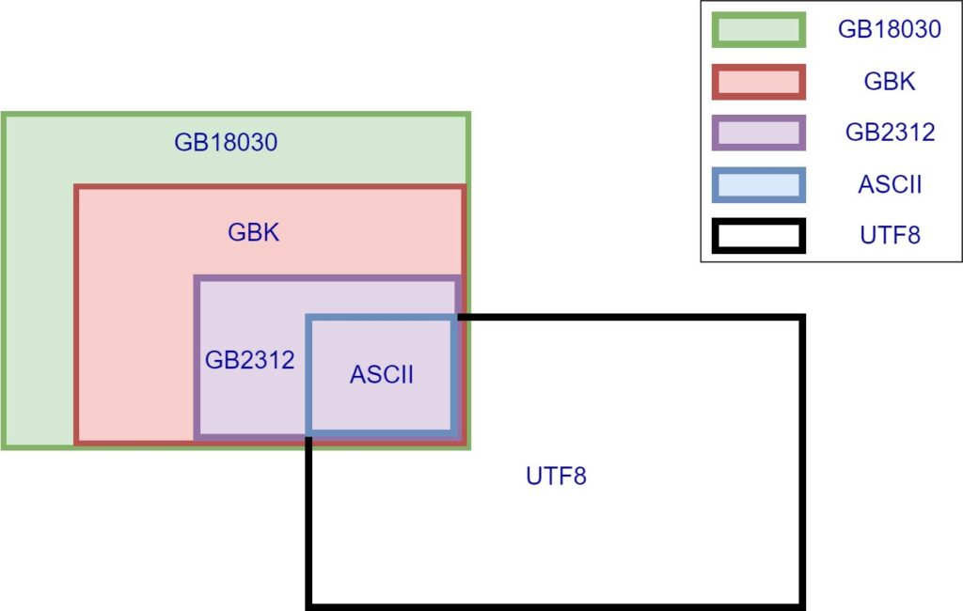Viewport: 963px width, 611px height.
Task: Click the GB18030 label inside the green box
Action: click(x=226, y=143)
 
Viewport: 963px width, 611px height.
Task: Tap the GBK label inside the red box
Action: click(x=254, y=233)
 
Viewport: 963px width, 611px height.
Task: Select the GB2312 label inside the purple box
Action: click(x=250, y=360)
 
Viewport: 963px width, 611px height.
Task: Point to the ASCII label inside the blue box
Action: click(x=382, y=374)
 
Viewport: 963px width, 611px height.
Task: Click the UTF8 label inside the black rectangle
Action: click(x=557, y=477)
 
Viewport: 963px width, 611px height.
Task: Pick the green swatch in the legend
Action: click(x=759, y=29)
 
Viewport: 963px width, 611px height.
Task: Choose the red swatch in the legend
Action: click(x=759, y=82)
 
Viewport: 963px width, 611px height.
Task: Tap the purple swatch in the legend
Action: click(x=759, y=133)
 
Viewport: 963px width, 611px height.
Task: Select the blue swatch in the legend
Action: click(x=759, y=185)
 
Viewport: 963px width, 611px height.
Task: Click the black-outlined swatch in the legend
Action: click(x=759, y=236)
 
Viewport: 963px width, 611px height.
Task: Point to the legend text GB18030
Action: click(x=890, y=29)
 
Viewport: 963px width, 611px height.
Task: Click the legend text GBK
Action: click(x=890, y=81)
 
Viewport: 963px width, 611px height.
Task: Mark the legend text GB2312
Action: click(x=890, y=133)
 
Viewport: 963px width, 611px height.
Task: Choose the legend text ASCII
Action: click(x=890, y=184)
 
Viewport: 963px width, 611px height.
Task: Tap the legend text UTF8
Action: click(x=890, y=235)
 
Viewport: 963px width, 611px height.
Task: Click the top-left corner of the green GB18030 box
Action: click(x=4, y=115)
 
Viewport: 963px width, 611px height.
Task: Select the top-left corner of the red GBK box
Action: click(x=77, y=187)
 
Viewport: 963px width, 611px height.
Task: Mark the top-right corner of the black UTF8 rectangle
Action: click(x=803, y=318)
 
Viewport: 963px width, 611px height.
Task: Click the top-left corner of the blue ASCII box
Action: click(x=308, y=318)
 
